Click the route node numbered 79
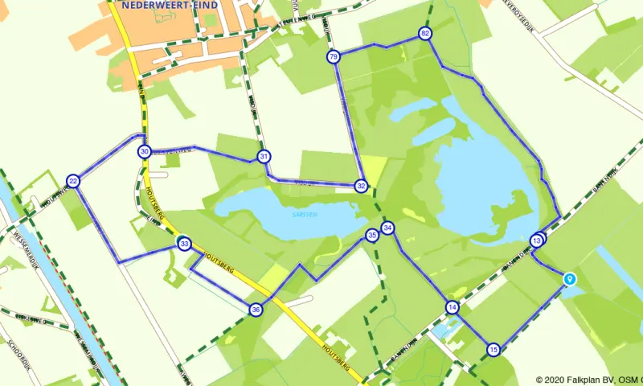334,56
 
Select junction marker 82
425,33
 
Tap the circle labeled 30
145,151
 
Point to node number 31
264,156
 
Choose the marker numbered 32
362,186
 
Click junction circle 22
73,181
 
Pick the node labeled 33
184,243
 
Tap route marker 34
387,228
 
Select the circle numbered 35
371,235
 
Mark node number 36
256,310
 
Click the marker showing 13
537,240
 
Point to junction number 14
453,307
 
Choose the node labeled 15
494,349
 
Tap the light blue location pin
571,278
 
